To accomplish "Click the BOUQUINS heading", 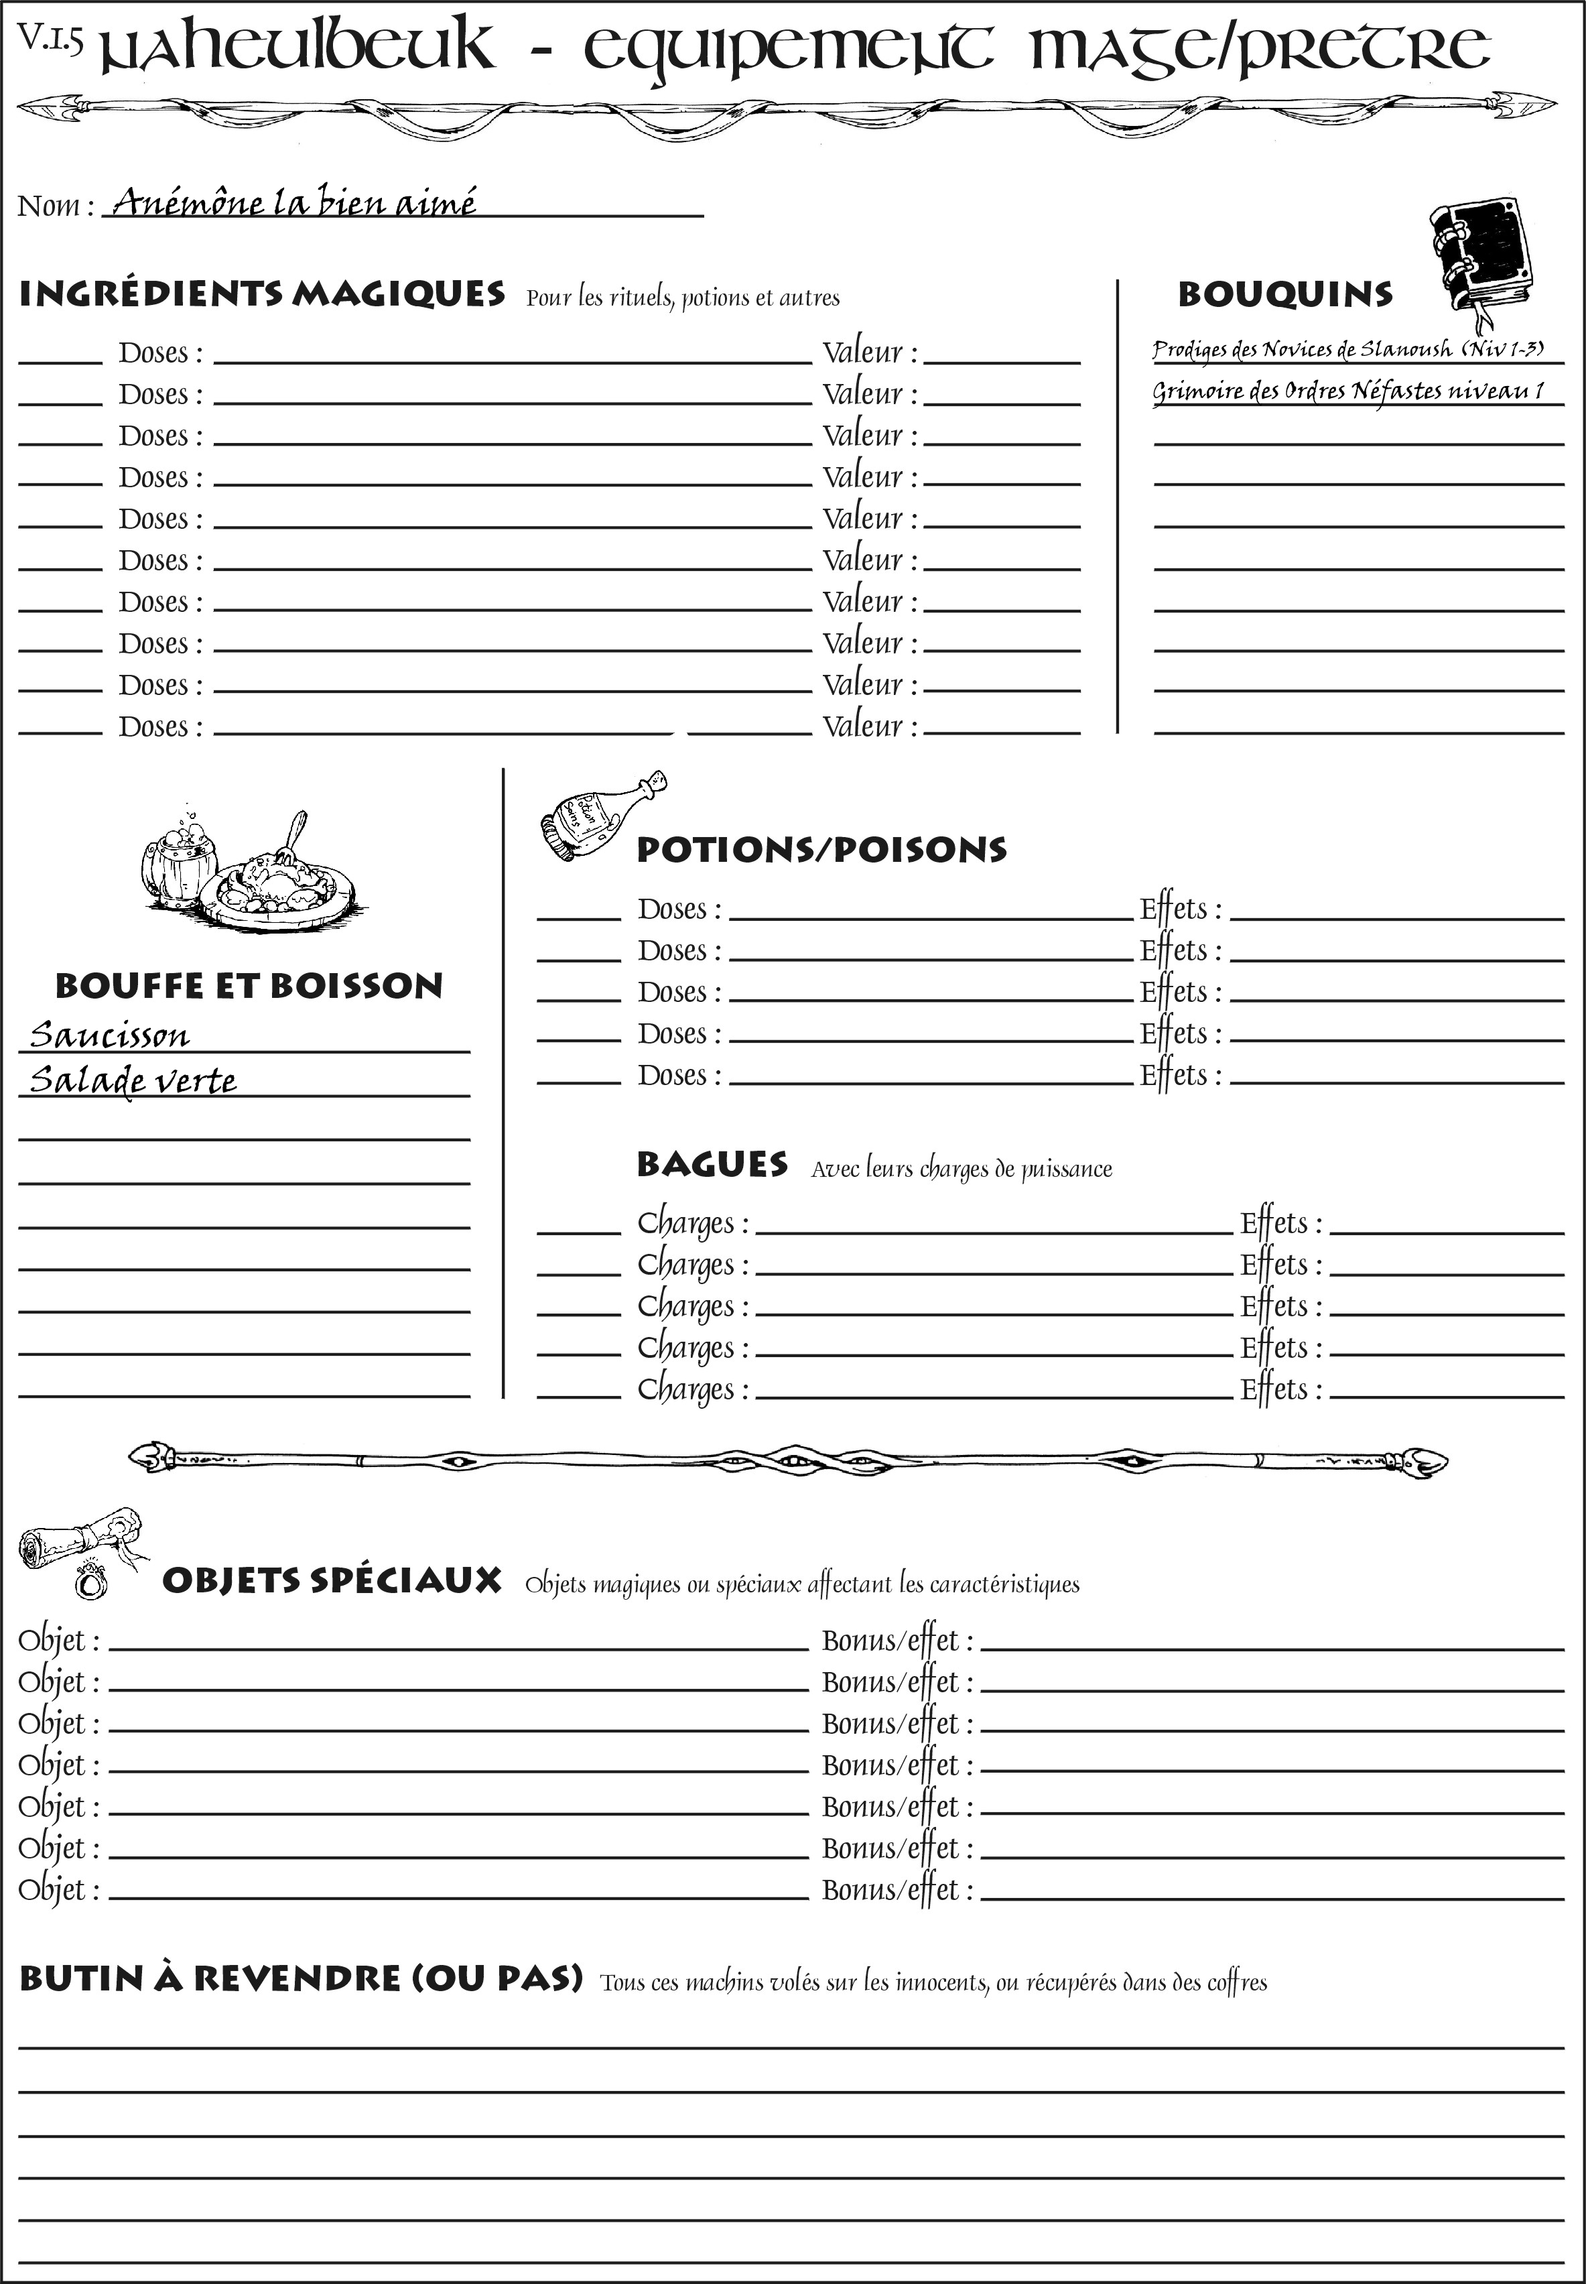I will (1285, 294).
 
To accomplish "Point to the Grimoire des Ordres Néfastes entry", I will (1347, 391).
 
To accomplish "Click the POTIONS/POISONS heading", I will (821, 850).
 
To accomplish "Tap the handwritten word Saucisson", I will (109, 1035).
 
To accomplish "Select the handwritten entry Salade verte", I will (133, 1080).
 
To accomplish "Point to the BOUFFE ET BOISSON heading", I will (249, 986).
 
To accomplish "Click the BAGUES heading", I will (712, 1164).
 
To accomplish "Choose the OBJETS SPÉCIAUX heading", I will (332, 1580).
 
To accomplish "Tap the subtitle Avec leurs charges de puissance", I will (961, 1169).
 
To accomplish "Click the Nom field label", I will (55, 206).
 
